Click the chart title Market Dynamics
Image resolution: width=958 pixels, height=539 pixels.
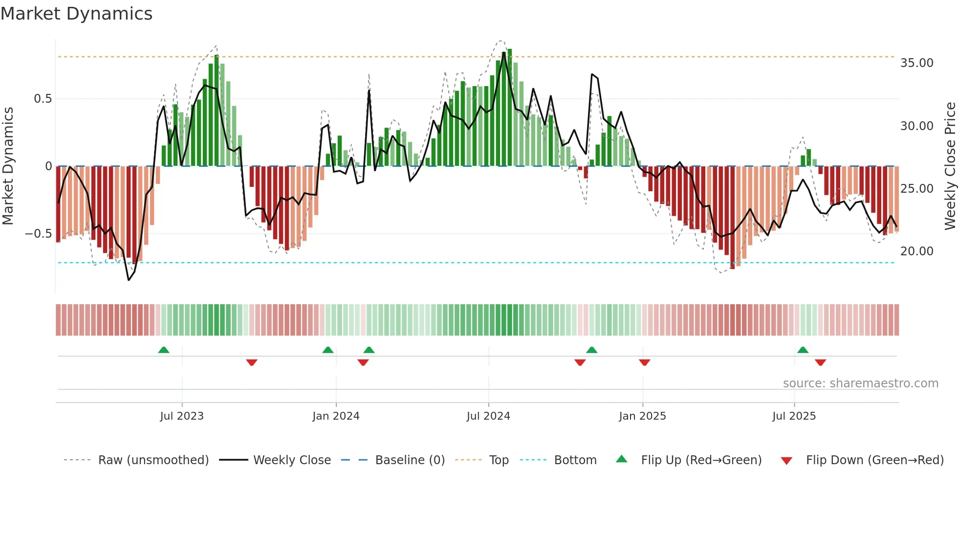[76, 14]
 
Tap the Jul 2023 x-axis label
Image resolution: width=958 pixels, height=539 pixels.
[182, 416]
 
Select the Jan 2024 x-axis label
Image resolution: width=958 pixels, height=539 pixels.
[336, 416]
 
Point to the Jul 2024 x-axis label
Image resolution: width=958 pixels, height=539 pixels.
[488, 416]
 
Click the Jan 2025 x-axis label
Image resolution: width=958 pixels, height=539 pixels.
[642, 416]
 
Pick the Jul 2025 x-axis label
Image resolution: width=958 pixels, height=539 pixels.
[794, 416]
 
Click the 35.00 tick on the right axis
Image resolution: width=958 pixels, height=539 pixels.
[916, 63]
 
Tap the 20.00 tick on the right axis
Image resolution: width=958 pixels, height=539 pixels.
[916, 251]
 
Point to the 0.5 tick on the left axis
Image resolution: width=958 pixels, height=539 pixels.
[43, 99]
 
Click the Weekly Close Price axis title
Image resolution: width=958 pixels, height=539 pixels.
[950, 166]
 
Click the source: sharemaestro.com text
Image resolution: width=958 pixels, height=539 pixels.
[860, 383]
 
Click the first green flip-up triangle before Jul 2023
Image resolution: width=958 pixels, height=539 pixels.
[164, 350]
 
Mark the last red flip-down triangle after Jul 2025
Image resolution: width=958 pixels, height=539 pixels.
[820, 362]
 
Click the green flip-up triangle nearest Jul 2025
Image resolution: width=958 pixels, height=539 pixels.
[803, 350]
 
